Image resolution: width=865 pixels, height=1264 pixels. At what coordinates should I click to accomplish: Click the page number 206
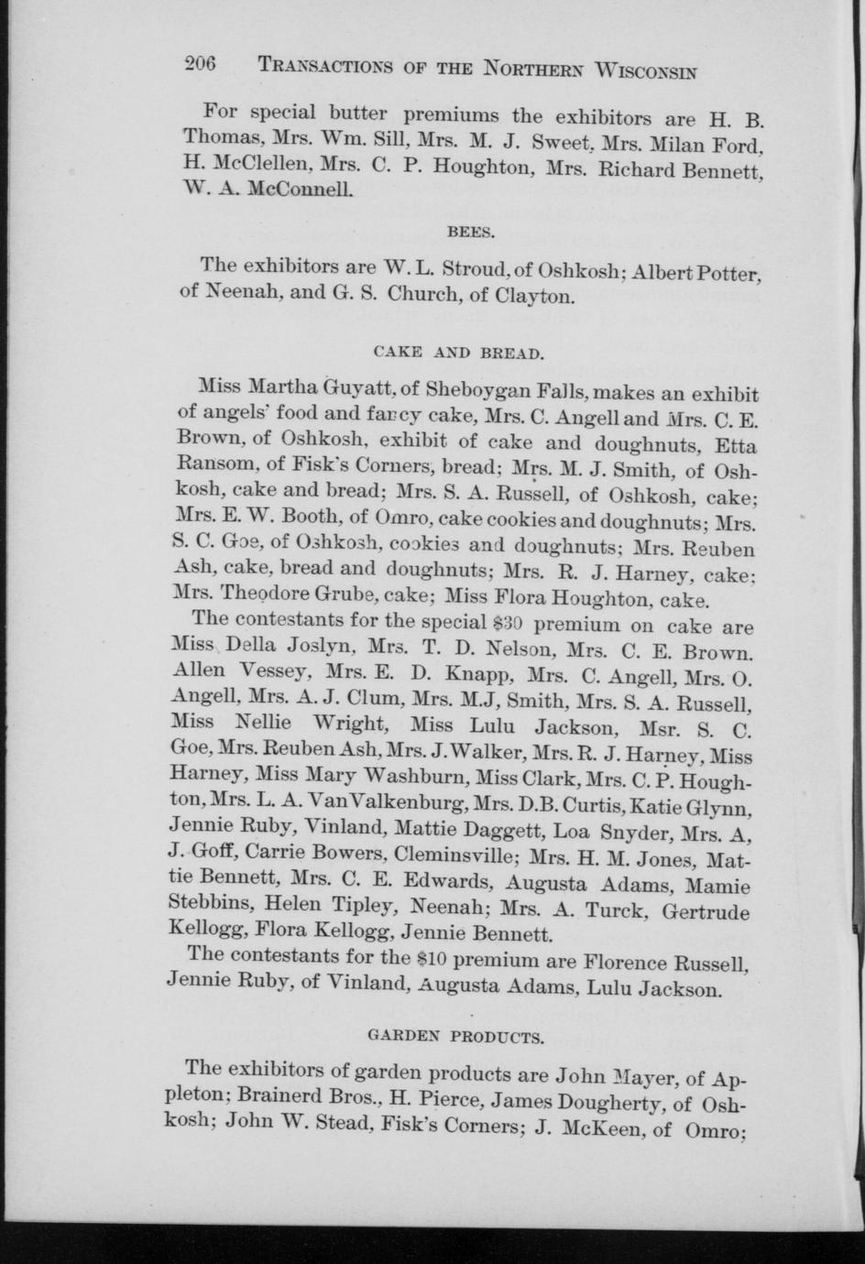coord(198,63)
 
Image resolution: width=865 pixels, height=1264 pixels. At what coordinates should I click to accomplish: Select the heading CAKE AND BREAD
coord(459,352)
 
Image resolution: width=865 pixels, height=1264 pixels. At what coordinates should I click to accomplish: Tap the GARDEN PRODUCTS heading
coord(455,1038)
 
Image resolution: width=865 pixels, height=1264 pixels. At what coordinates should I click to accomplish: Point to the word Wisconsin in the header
coord(645,71)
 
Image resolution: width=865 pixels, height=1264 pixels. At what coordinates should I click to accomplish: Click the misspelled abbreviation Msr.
coord(666,731)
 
